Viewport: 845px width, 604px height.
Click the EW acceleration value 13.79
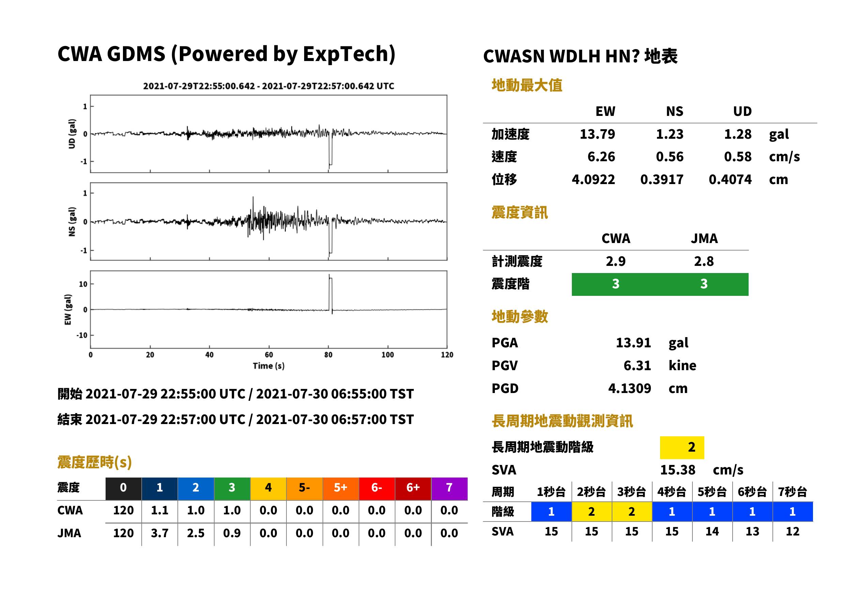click(x=597, y=134)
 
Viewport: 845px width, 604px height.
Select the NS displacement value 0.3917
click(x=661, y=180)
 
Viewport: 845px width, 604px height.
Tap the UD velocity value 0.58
click(x=738, y=156)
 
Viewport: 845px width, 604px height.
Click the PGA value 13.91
click(x=633, y=343)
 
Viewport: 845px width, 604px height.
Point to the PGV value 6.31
click(x=637, y=366)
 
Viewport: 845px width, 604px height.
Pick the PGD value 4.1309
click(x=629, y=388)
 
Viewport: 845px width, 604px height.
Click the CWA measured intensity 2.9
click(x=616, y=261)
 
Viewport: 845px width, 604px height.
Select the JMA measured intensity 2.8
click(x=704, y=261)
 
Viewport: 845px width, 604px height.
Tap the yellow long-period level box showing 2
click(x=682, y=448)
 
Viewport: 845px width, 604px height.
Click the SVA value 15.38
click(x=677, y=470)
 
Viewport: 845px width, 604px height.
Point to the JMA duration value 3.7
click(x=159, y=533)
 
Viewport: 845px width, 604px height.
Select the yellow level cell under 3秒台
click(x=632, y=511)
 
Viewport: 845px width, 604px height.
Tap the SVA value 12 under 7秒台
click(x=792, y=531)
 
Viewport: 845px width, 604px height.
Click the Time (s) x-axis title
click(x=269, y=366)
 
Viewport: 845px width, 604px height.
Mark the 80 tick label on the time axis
click(x=328, y=355)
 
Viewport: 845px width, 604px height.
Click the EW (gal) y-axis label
click(x=68, y=309)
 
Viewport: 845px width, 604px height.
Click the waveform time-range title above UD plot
click(x=269, y=86)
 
